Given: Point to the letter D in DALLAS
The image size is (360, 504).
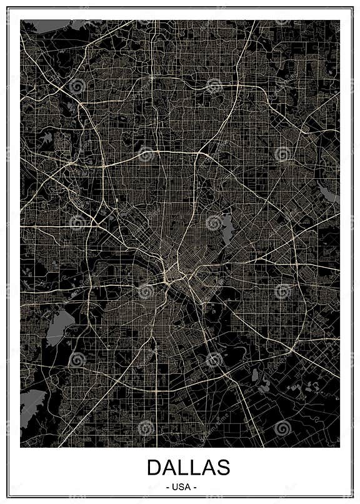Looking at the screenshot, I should click(154, 467).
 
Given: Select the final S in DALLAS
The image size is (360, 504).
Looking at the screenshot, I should click(223, 467).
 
